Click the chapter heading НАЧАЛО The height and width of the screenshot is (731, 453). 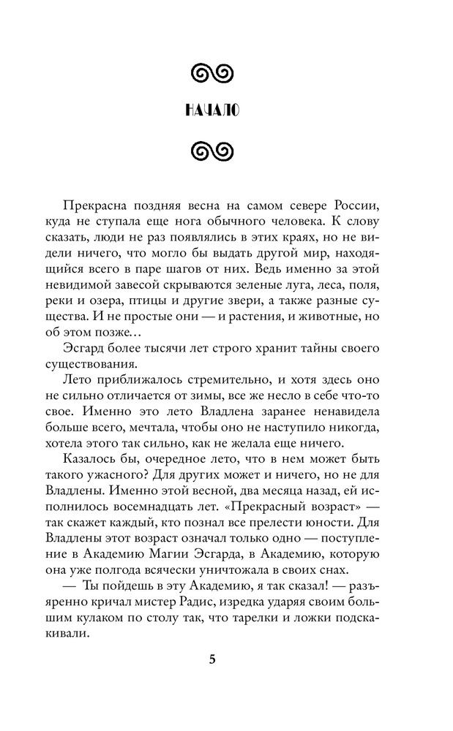(x=212, y=111)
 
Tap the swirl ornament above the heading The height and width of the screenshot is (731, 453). (x=212, y=72)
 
